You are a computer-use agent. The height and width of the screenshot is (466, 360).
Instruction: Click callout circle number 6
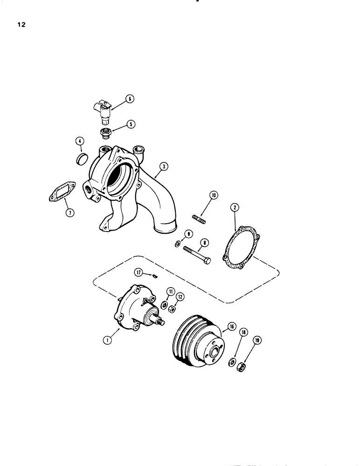point(129,98)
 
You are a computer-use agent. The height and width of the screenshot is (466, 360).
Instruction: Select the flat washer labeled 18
point(233,362)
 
